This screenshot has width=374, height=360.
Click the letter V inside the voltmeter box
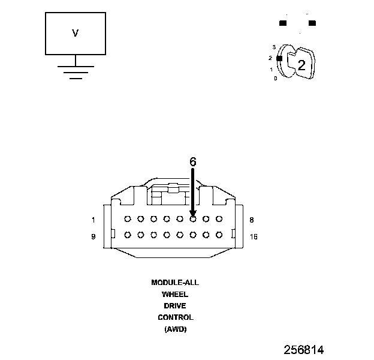pyautogui.click(x=75, y=34)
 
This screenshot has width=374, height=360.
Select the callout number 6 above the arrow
pyautogui.click(x=192, y=161)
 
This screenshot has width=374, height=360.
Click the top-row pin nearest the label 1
pyautogui.click(x=128, y=220)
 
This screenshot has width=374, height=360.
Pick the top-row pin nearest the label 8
pyautogui.click(x=219, y=220)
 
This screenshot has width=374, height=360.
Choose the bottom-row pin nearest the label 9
pyautogui.click(x=128, y=235)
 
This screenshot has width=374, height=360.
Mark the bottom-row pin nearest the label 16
pyautogui.click(x=219, y=235)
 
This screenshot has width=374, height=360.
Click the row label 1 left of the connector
pyautogui.click(x=93, y=220)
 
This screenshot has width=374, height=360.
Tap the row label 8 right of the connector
pyautogui.click(x=252, y=220)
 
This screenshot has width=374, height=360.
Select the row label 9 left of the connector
pyautogui.click(x=93, y=236)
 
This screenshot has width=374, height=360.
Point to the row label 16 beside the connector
pyautogui.click(x=254, y=236)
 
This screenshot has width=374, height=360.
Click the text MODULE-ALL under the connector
pyautogui.click(x=175, y=282)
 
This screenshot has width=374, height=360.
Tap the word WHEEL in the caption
pyautogui.click(x=175, y=294)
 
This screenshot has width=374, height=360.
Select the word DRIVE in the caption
pyautogui.click(x=175, y=305)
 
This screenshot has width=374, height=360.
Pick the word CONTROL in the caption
pyautogui.click(x=175, y=317)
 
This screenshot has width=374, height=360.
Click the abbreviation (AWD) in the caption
pyautogui.click(x=175, y=329)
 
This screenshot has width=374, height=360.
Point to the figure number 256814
pyautogui.click(x=304, y=349)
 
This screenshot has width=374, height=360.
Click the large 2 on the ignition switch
pyautogui.click(x=301, y=65)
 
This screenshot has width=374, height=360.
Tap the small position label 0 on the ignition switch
pyautogui.click(x=275, y=79)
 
